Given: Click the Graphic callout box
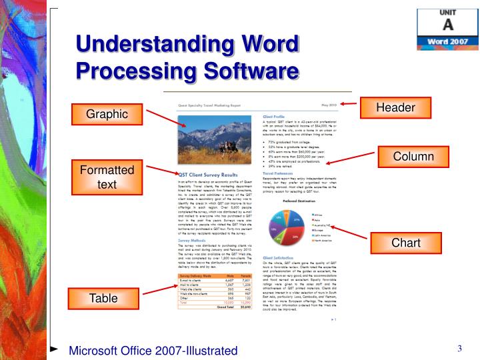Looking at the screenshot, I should pyautogui.click(x=107, y=114).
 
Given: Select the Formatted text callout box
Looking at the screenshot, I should pyautogui.click(x=107, y=177).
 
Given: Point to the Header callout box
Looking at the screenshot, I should pyautogui.click(x=395, y=107).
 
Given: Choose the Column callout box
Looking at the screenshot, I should pyautogui.click(x=413, y=157).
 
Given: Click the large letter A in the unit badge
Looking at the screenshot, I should pyautogui.click(x=448, y=25).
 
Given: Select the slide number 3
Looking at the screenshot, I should pyautogui.click(x=460, y=349).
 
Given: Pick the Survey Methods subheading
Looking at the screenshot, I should pyautogui.click(x=192, y=241).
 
